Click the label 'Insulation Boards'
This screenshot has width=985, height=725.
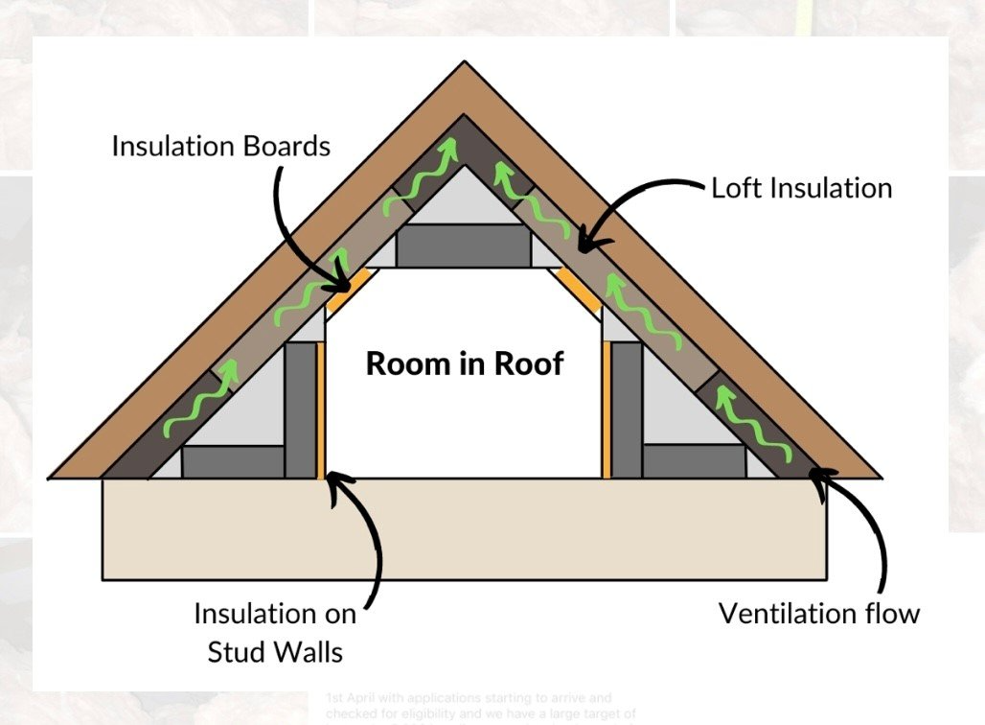pyautogui.click(x=220, y=147)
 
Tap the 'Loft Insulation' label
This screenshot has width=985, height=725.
pyautogui.click(x=801, y=187)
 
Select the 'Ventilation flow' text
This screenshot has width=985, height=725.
pyautogui.click(x=819, y=613)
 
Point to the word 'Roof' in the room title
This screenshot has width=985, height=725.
pyautogui.click(x=524, y=363)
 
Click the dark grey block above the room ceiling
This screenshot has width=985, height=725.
pyautogui.click(x=464, y=248)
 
